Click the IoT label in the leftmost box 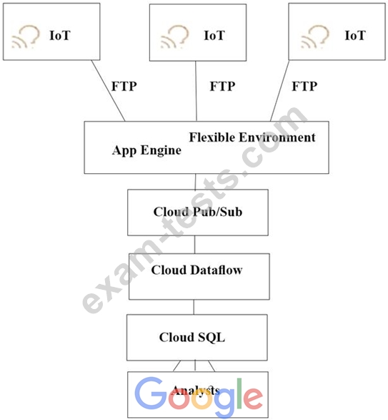tap(60, 35)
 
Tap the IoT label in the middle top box tap(214, 36)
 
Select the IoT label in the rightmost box tap(355, 35)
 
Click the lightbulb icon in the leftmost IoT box tap(26, 37)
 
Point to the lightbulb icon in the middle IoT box tap(175, 37)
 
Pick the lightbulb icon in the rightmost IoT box tap(315, 37)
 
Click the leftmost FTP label tap(124, 87)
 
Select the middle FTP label tap(223, 87)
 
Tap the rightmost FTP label tap(304, 87)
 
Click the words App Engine tap(146, 150)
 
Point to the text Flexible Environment tap(252, 137)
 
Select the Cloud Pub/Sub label tap(198, 212)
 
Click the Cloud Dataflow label tap(197, 270)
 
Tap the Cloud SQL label tap(192, 337)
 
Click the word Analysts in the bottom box tap(196, 391)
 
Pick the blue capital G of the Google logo tap(150, 393)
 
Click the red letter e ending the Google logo tap(253, 398)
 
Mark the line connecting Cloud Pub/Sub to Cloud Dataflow tap(195, 245)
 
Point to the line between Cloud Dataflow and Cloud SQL tap(194, 307)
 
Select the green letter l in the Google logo tap(239, 394)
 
